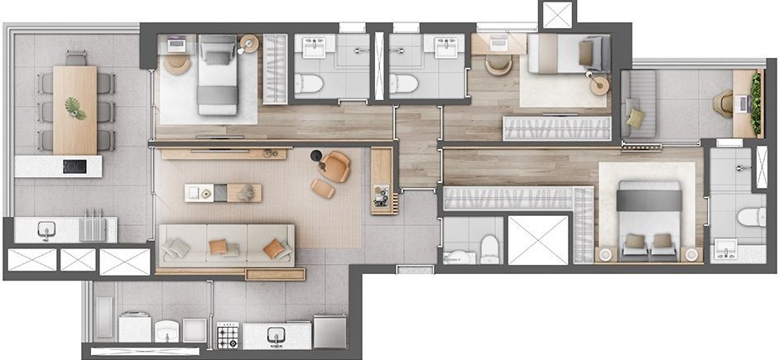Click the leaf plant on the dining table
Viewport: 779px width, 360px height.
[75, 107]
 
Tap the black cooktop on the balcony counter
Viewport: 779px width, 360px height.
[75, 166]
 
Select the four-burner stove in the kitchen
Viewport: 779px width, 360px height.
[228, 336]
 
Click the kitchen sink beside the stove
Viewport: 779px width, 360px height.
[276, 335]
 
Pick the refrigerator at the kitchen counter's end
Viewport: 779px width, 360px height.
[329, 331]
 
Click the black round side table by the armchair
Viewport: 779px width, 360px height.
[315, 156]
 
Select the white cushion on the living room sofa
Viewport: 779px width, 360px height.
[176, 247]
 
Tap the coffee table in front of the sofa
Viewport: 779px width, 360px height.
[222, 192]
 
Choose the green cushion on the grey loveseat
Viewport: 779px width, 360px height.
[636, 118]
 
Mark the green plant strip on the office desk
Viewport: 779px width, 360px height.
[757, 103]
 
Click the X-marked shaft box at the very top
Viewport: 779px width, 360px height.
[555, 14]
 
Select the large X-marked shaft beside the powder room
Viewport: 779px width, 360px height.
[537, 239]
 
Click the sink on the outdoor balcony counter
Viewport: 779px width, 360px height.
[44, 230]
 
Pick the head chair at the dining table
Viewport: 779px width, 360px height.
[75, 57]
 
